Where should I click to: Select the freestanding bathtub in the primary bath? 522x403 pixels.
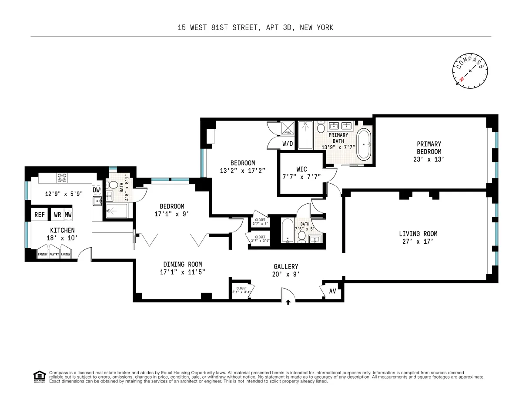pyautogui.click(x=364, y=143)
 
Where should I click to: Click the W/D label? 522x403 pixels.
pyautogui.click(x=288, y=143)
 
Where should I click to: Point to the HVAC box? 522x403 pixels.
pyautogui.click(x=288, y=128)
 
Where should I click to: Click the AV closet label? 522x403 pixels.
pyautogui.click(x=333, y=291)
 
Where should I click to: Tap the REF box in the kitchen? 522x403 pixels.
pyautogui.click(x=40, y=215)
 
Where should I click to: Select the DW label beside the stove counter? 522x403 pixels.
pyautogui.click(x=96, y=190)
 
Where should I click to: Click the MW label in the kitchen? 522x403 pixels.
pyautogui.click(x=68, y=215)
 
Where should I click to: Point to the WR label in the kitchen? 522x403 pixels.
pyautogui.click(x=57, y=215)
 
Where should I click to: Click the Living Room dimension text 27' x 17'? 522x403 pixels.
pyautogui.click(x=418, y=241)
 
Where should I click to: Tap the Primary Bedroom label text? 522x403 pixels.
pyautogui.click(x=429, y=148)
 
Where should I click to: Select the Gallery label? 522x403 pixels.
pyautogui.click(x=286, y=266)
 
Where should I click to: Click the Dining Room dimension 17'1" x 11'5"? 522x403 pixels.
pyautogui.click(x=182, y=272)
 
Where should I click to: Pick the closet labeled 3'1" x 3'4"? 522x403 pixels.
pyautogui.click(x=241, y=290)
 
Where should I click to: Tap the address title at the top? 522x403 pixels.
pyautogui.click(x=255, y=27)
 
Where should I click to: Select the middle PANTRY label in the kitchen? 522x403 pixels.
pyautogui.click(x=54, y=255)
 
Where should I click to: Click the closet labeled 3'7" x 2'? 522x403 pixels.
pyautogui.click(x=260, y=222)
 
